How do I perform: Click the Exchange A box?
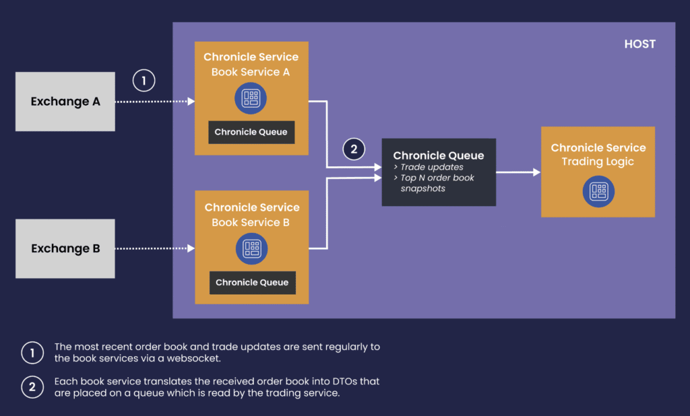coord(65,102)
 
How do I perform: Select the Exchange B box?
coord(65,248)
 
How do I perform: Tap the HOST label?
coord(640,44)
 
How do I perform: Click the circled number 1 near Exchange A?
coord(144,81)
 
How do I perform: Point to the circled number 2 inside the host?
coord(354,149)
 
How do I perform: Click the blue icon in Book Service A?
coord(251,98)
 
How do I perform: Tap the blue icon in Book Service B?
coord(252,249)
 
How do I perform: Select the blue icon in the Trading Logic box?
coord(598,191)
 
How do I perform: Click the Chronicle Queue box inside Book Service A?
coord(251,132)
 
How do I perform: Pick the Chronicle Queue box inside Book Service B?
coord(252,282)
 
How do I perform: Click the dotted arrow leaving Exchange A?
coord(155,102)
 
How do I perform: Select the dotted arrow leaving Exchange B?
coord(155,248)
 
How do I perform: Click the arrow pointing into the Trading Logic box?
coord(518,172)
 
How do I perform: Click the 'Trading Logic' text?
coord(598,162)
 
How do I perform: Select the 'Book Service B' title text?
coord(251,223)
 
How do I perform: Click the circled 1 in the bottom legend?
coord(32,353)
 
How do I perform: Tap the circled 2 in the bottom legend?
coord(32,387)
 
